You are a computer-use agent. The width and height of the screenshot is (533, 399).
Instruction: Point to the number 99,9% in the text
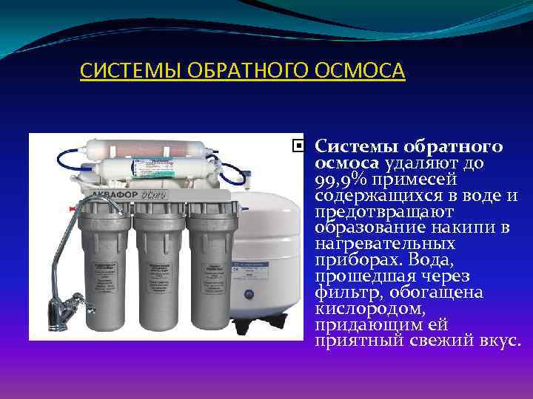[343, 180]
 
